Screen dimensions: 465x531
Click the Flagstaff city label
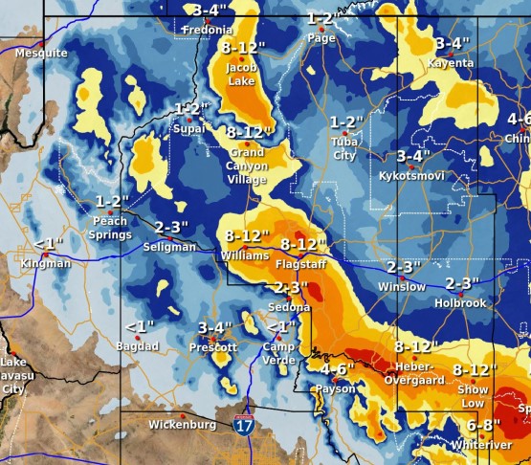tap(298, 263)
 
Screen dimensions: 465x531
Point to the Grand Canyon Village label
tap(247, 166)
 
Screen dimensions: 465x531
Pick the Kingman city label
tap(46, 263)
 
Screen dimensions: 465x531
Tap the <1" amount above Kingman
tap(47, 244)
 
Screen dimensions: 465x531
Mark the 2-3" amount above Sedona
tap(290, 287)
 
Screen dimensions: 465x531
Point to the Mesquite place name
tap(41, 53)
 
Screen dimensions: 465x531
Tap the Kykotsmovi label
tap(413, 178)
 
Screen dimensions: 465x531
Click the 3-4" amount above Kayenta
tap(453, 44)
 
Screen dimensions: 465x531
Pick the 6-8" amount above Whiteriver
tap(483, 425)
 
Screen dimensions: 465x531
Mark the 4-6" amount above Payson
tap(338, 369)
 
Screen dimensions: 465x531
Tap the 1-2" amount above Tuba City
tap(346, 122)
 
